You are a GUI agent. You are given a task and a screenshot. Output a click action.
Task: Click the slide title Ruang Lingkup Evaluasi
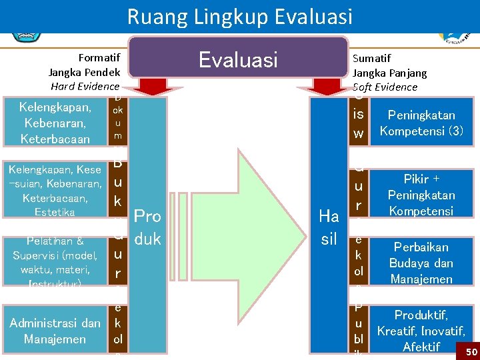coord(239,16)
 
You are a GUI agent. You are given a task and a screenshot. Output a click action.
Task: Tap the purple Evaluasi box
coord(239,60)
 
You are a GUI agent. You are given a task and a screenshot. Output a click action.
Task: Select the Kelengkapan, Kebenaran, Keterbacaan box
coord(55,123)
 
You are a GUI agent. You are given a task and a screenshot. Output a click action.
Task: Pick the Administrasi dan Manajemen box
coord(55,331)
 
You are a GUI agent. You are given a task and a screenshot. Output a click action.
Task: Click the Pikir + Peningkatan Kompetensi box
coord(421,195)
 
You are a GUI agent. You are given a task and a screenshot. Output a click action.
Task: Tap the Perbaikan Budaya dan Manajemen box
coord(421,263)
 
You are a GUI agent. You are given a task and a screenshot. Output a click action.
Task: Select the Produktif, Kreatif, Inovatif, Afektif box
coord(421,331)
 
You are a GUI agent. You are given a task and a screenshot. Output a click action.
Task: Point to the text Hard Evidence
coord(85,87)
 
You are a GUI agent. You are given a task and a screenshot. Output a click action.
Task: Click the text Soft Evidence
coord(385,87)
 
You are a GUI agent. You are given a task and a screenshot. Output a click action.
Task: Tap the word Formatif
coord(99,58)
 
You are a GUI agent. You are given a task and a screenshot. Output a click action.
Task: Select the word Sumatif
coord(371,59)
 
